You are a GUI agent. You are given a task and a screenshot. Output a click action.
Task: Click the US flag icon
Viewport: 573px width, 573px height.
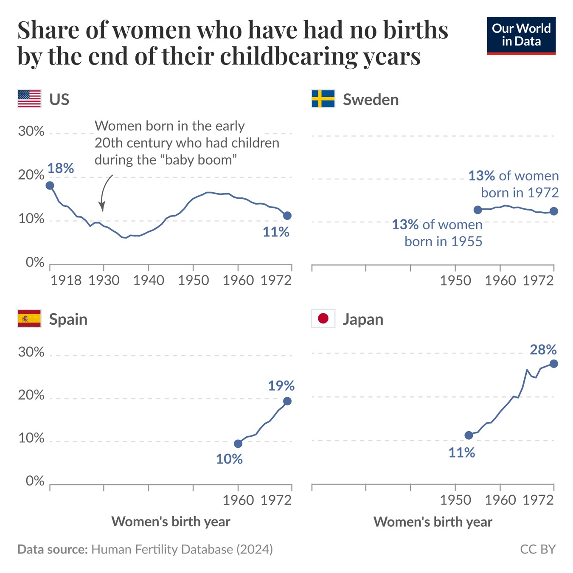(29, 99)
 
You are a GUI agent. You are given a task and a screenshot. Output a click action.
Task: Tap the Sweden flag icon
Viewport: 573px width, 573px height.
(323, 99)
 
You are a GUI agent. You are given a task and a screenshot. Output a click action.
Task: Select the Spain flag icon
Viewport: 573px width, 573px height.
(29, 318)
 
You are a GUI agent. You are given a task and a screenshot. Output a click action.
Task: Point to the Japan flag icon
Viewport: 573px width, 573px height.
(323, 318)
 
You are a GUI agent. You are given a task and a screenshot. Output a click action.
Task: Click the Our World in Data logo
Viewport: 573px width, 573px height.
(521, 36)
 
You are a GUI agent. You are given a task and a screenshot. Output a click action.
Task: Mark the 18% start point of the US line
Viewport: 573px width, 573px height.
(50, 185)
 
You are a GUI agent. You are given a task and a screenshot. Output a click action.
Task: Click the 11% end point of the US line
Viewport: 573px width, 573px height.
(287, 216)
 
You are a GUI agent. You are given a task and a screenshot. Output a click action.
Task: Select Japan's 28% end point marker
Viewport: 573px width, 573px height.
(553, 364)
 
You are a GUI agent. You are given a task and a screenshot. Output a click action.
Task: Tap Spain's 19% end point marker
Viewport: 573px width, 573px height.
(287, 401)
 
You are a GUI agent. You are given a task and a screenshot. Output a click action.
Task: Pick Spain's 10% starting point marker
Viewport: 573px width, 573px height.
(238, 444)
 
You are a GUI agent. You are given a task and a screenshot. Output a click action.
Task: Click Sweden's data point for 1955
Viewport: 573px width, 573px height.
(477, 210)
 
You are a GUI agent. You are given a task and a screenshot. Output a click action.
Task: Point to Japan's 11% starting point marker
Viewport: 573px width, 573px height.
(469, 435)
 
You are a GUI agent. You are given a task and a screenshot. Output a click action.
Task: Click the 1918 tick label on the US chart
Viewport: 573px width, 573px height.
(66, 281)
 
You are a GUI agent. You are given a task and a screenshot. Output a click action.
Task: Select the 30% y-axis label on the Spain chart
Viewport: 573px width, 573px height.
(31, 352)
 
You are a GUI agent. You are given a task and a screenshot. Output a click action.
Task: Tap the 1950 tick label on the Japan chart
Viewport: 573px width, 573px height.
(455, 500)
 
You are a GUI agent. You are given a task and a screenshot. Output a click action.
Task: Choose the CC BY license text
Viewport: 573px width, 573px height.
(538, 549)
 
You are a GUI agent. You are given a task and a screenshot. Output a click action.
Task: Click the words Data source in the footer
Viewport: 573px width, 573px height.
(52, 549)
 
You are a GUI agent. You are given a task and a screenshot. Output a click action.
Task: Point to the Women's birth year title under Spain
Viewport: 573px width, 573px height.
(171, 522)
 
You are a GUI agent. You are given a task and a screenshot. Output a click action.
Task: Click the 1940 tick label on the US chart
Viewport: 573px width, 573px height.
(149, 281)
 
